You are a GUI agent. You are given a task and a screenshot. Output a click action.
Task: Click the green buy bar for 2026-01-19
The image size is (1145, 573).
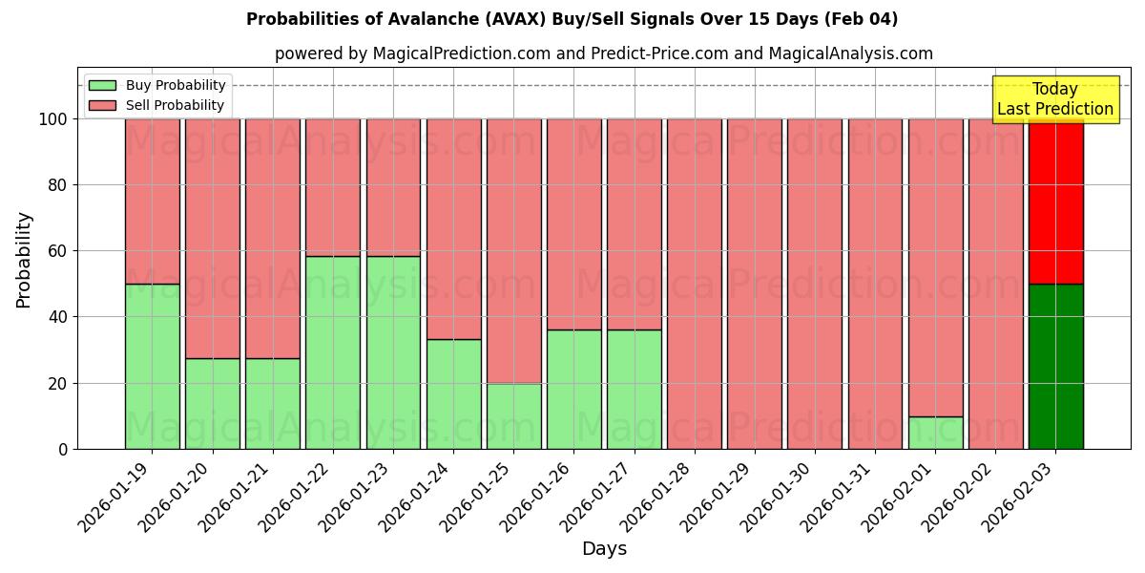(x=152, y=367)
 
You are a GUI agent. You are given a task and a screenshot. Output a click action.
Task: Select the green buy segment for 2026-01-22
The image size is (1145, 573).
(x=333, y=352)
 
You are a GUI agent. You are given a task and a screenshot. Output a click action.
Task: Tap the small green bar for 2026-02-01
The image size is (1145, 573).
(x=935, y=433)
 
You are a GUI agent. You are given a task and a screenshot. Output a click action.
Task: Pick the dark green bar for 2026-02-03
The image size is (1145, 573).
(x=1055, y=367)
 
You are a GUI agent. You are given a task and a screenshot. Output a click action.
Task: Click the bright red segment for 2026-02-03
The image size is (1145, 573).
(x=1055, y=202)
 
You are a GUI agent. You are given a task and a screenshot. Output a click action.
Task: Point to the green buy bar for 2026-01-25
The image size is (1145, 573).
(x=513, y=416)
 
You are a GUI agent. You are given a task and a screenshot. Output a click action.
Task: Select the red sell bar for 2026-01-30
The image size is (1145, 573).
(x=815, y=284)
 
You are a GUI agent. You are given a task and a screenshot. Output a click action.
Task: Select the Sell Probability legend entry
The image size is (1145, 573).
(x=175, y=105)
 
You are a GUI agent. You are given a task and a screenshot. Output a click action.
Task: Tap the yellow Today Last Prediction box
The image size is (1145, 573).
(x=1055, y=99)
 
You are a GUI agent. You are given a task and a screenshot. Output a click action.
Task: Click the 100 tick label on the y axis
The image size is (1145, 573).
(x=52, y=119)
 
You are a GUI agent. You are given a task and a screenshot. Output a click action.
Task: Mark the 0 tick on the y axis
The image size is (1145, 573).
(x=63, y=449)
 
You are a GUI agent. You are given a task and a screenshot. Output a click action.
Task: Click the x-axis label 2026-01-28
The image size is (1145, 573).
(x=656, y=497)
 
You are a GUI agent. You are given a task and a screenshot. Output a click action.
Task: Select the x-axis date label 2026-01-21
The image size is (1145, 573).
(x=235, y=497)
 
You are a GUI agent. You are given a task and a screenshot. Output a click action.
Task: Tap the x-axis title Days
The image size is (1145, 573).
(x=604, y=549)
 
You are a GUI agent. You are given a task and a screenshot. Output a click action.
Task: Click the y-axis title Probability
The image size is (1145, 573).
(x=24, y=259)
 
